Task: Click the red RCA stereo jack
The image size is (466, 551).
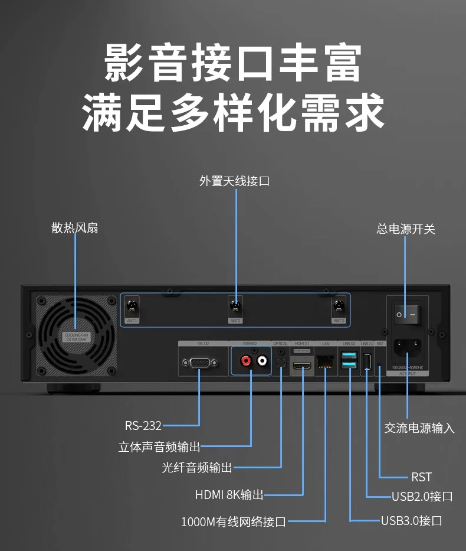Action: [x=244, y=359]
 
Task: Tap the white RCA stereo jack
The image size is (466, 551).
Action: [x=261, y=359]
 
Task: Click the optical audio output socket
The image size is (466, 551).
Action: [x=281, y=361]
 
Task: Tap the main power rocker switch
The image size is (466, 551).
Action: [x=407, y=315]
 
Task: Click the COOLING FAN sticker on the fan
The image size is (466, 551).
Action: [x=76, y=337]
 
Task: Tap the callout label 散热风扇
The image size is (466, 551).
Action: [x=75, y=228]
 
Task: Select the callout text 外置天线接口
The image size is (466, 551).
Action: [x=234, y=181]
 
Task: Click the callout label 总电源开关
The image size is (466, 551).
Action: [x=406, y=229]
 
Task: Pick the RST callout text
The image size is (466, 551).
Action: [x=421, y=477]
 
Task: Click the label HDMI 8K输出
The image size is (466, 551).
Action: [x=229, y=495]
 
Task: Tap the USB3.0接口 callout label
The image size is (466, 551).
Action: [x=411, y=520]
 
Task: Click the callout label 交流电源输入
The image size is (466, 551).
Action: [x=419, y=428]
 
